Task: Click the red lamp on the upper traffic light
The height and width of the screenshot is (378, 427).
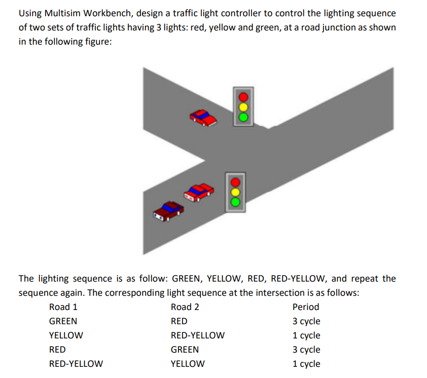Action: pyautogui.click(x=243, y=96)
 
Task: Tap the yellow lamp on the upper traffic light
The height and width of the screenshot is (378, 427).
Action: pyautogui.click(x=243, y=107)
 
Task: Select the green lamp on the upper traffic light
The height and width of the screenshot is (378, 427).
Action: pyautogui.click(x=243, y=117)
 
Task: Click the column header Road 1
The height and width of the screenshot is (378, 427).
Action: pyautogui.click(x=63, y=307)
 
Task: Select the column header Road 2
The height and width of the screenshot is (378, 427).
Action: pyautogui.click(x=185, y=307)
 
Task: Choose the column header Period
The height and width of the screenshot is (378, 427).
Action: pyautogui.click(x=306, y=307)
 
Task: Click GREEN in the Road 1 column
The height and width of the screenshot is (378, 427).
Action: pyautogui.click(x=63, y=321)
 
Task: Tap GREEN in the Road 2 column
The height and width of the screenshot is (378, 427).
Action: pyautogui.click(x=185, y=350)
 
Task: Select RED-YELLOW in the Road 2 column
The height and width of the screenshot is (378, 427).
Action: pyautogui.click(x=198, y=335)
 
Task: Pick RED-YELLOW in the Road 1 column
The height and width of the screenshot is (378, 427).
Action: pyautogui.click(x=76, y=364)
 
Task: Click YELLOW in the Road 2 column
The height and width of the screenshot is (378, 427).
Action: pyautogui.click(x=188, y=364)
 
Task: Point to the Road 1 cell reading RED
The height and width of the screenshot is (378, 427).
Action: pyautogui.click(x=57, y=350)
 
